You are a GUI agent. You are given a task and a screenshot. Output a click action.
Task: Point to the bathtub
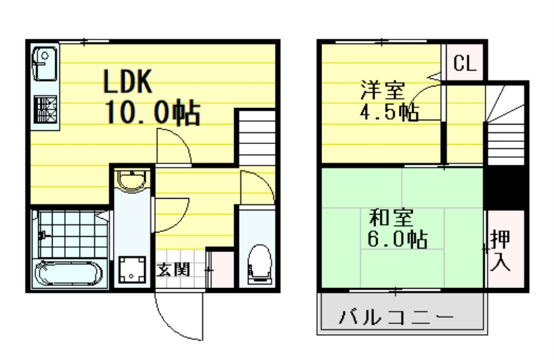click(69, 273)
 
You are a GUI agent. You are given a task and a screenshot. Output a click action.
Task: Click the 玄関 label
click(173, 269)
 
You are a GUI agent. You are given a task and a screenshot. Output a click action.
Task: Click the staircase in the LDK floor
click(258, 138)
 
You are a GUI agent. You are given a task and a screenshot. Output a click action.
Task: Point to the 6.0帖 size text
click(397, 240)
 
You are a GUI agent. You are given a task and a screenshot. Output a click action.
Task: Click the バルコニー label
click(396, 319)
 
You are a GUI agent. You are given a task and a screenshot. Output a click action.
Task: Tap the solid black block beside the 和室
click(505, 186)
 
